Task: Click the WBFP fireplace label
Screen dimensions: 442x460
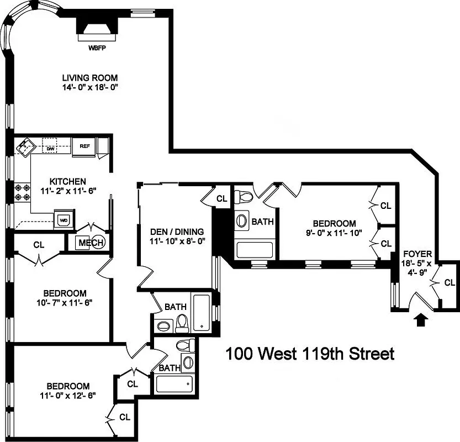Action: (x=97, y=48)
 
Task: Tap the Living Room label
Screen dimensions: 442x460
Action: (x=89, y=78)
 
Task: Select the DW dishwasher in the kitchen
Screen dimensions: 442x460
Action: (x=50, y=148)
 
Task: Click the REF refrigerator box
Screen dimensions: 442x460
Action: (x=84, y=146)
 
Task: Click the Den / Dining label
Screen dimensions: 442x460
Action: (x=177, y=231)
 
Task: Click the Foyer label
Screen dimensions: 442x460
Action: (x=417, y=254)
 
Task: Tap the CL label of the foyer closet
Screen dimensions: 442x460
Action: (x=450, y=283)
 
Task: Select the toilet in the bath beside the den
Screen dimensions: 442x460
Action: (x=182, y=325)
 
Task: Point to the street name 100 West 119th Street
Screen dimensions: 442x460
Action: (x=310, y=354)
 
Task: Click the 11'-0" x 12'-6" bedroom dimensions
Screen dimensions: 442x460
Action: (x=67, y=395)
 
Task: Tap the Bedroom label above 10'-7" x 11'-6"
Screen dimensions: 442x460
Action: (x=65, y=293)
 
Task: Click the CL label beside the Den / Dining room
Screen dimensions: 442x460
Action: (x=221, y=198)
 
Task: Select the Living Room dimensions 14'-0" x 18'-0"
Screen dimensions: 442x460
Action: (x=89, y=87)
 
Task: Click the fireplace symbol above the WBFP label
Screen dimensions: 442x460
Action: (x=96, y=29)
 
